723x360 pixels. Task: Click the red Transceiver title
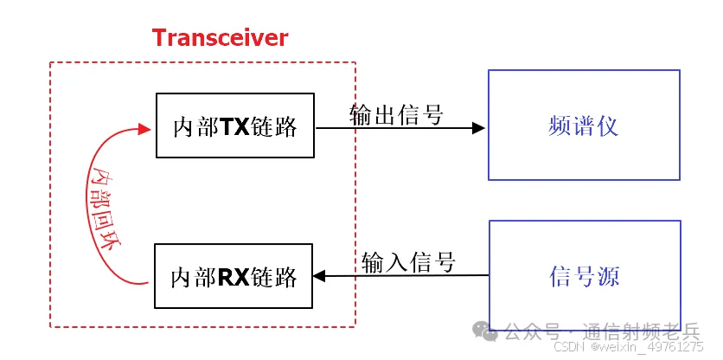point(220,38)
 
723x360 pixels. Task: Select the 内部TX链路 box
point(234,125)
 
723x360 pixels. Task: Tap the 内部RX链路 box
point(234,276)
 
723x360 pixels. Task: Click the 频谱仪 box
point(584,125)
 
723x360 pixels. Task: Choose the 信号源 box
point(585,275)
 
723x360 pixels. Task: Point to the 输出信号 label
point(396,114)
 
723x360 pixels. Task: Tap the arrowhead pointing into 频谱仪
point(478,128)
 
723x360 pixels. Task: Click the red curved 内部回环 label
point(106,207)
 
